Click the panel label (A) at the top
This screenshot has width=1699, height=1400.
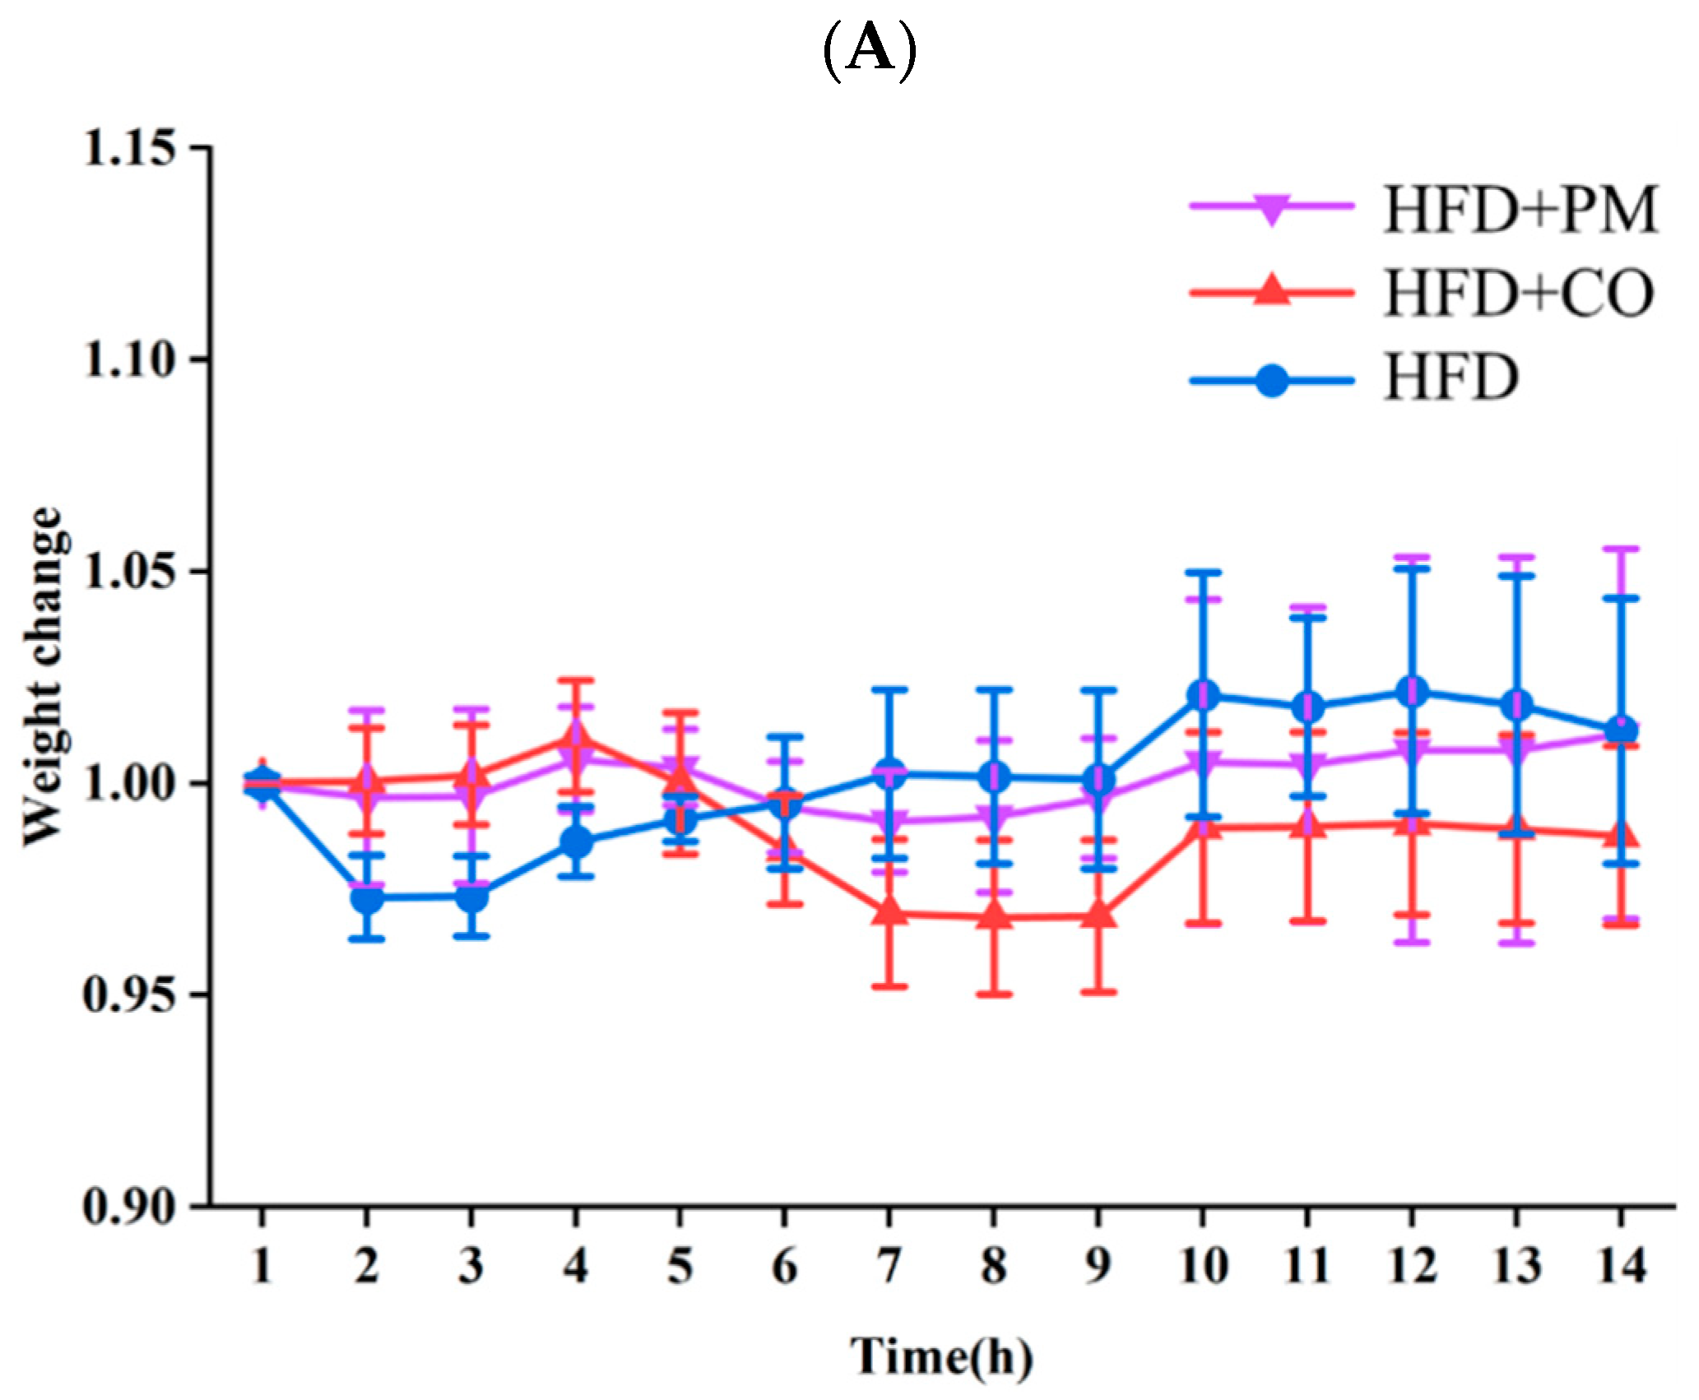point(869,51)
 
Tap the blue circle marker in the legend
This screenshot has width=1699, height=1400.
point(1272,381)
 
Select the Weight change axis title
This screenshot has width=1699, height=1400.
point(43,676)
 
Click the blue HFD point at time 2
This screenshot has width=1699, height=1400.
point(367,898)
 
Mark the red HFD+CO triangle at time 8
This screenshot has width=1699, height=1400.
point(994,916)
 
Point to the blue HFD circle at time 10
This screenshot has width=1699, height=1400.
point(1203,695)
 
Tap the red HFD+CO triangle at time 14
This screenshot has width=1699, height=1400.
point(1622,837)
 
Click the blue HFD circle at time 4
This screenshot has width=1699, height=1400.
point(576,842)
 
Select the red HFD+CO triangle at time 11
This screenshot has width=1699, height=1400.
point(1307,827)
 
